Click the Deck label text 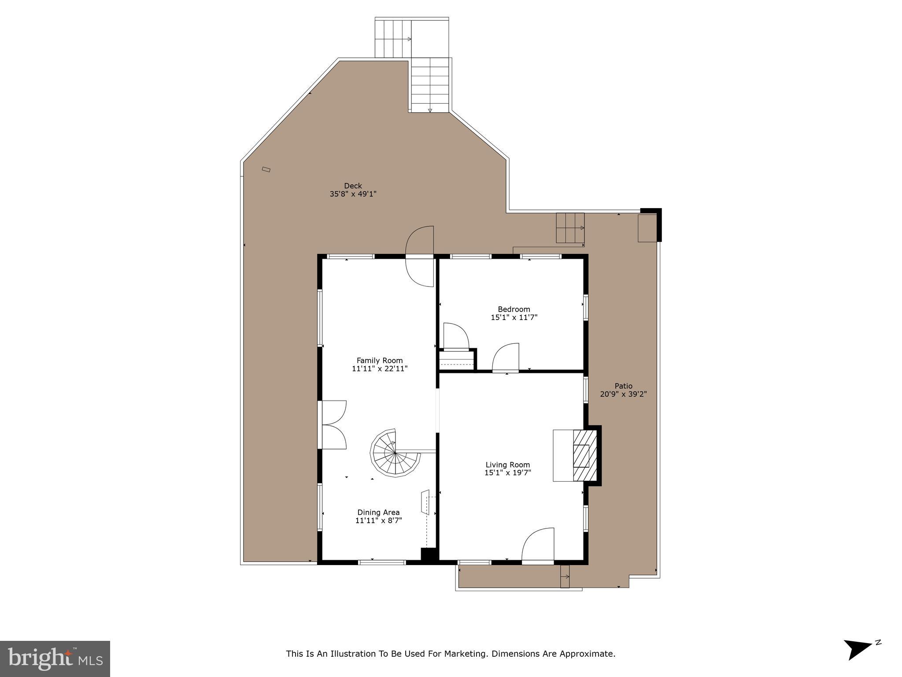(353, 186)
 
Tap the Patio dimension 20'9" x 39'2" (623, 394)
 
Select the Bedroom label (514, 309)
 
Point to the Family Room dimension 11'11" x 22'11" (380, 369)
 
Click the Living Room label (507, 465)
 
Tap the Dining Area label (378, 512)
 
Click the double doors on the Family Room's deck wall (334, 425)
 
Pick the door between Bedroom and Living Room (506, 358)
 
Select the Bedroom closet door (455, 337)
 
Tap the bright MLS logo (55, 659)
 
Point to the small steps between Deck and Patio (570, 228)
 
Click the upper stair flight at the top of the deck (393, 38)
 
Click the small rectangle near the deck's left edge (266, 169)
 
